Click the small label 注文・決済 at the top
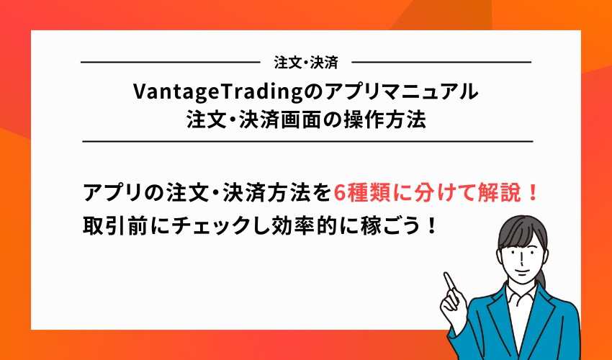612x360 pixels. point(306,63)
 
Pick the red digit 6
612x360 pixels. point(342,193)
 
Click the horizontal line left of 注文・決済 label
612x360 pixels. point(169,63)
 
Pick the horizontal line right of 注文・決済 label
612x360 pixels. point(442,63)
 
